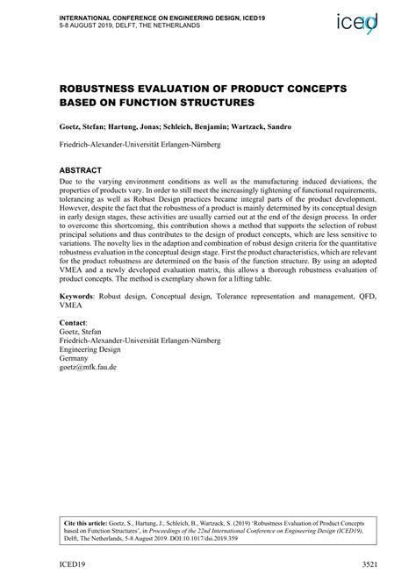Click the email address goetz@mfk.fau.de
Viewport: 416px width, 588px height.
pos(88,367)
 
